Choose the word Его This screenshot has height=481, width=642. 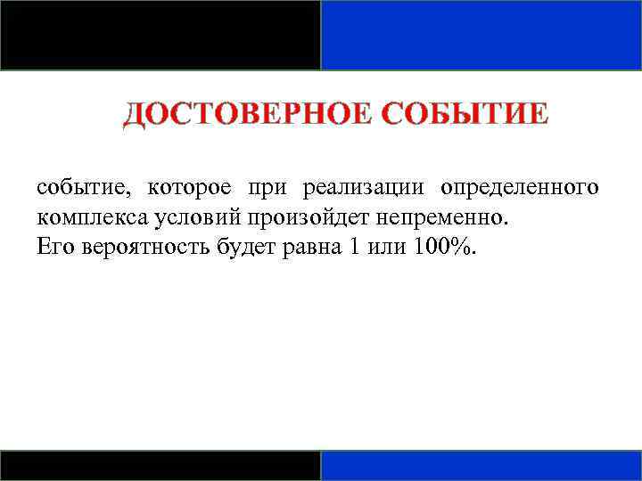55,247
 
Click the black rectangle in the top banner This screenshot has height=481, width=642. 160,35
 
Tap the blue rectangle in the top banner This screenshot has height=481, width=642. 481,35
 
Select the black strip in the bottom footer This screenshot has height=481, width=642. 160,466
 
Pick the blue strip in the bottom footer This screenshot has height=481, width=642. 481,466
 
